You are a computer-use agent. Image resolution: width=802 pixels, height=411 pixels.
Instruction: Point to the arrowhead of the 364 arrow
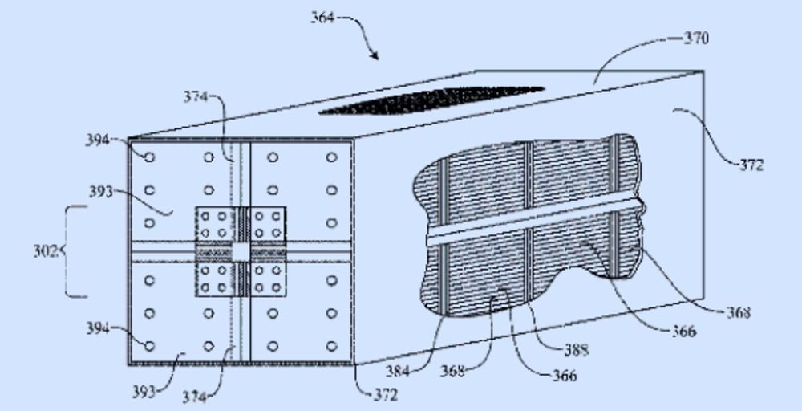[375, 56]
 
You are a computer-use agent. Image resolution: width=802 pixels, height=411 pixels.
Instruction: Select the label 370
[696, 38]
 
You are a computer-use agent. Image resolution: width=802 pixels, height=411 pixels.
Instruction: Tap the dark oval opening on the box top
[431, 100]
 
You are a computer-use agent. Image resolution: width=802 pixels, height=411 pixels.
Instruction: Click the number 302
[45, 251]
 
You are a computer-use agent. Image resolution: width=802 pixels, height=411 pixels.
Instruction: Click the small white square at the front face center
[241, 251]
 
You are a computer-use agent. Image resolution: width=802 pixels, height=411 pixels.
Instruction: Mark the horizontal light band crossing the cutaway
[533, 223]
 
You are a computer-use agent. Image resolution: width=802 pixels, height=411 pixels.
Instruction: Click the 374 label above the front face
[195, 96]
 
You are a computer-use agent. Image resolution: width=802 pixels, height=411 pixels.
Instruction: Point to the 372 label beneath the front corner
[384, 395]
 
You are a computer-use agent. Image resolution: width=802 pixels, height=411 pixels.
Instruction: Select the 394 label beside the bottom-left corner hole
[98, 327]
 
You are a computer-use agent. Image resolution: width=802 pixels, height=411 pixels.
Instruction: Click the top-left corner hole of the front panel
[149, 157]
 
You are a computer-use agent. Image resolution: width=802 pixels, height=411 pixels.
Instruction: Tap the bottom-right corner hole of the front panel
[331, 346]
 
